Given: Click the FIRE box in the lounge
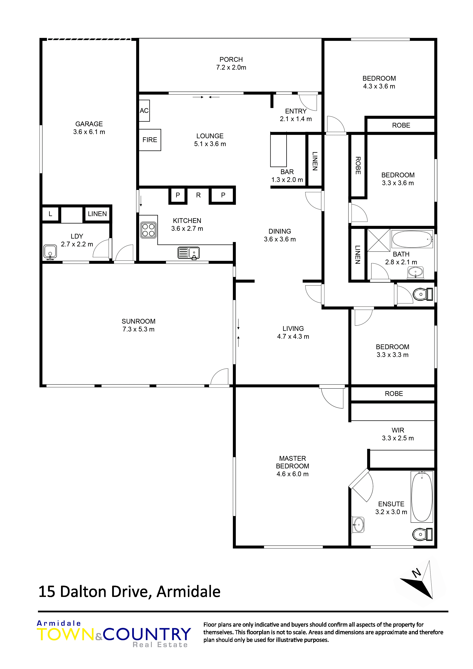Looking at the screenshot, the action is coord(150,140).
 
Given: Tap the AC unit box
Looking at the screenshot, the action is coord(144,111).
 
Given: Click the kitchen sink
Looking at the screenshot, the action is coord(189,253).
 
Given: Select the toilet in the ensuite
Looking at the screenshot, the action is coord(423,534).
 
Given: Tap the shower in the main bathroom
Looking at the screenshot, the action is coord(379,240).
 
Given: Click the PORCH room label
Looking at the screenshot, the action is coord(231,60).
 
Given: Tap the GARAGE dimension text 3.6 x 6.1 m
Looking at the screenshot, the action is coord(89,132).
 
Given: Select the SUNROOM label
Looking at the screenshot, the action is coord(138,321).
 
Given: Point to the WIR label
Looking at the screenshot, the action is coord(398,430).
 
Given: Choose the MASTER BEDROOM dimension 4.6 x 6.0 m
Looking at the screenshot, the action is coord(293,474).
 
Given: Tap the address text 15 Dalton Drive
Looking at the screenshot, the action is coord(93,592).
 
